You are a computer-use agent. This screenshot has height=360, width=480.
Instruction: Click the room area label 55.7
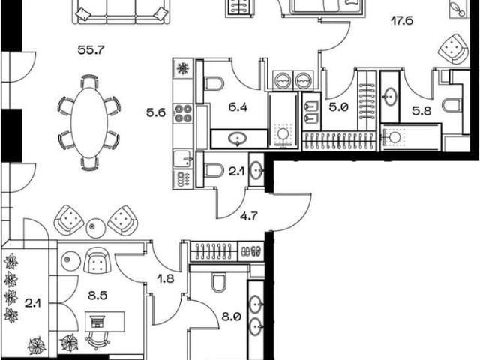(91, 50)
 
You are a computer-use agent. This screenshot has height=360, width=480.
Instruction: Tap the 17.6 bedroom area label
(402, 21)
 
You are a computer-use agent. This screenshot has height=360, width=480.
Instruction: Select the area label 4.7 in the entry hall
(248, 217)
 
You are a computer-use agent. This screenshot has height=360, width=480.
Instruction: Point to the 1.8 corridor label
(165, 278)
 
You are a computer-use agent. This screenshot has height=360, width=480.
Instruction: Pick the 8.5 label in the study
(97, 295)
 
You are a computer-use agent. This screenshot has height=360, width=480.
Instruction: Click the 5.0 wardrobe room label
(339, 107)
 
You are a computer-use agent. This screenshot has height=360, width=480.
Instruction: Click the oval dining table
(89, 123)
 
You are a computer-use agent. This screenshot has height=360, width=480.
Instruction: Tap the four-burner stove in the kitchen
(183, 113)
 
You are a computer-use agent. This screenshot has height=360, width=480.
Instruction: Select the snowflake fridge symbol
(183, 68)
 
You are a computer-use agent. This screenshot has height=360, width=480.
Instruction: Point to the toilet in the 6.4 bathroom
(214, 83)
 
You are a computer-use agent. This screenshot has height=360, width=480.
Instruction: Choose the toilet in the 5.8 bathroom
(451, 105)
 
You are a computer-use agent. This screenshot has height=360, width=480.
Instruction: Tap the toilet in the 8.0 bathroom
(218, 282)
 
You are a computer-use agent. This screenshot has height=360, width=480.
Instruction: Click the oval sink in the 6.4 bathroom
(238, 139)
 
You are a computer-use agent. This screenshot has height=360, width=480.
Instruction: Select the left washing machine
(283, 80)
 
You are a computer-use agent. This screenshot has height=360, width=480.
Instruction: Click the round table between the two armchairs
(96, 228)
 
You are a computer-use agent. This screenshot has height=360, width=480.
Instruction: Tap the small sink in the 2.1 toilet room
(256, 170)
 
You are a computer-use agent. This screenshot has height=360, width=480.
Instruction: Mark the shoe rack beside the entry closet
(250, 251)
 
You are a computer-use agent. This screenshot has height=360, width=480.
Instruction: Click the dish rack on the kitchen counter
(183, 178)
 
